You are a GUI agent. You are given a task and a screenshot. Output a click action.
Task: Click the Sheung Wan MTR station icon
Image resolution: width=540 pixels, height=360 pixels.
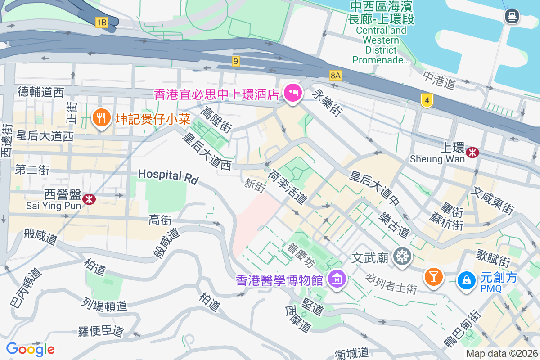tap(472, 153)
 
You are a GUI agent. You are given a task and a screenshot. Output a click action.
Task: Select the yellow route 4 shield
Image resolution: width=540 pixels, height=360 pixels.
tap(427, 100)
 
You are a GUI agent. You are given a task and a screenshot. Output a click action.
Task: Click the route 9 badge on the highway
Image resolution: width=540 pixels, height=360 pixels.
tap(236, 61)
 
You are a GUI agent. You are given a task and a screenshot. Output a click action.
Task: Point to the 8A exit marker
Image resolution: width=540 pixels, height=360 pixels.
tap(335, 75)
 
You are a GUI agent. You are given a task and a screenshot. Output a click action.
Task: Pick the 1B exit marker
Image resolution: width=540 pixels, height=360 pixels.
tap(101, 22)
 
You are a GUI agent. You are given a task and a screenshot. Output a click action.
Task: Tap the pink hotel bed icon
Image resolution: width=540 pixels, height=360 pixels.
tap(292, 93)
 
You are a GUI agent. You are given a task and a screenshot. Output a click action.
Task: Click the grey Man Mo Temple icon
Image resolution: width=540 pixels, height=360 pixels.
tap(402, 256)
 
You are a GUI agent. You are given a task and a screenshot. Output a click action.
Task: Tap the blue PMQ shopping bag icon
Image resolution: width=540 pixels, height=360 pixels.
tap(467, 280)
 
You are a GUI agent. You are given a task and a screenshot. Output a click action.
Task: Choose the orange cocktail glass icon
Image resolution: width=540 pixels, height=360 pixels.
tap(434, 276)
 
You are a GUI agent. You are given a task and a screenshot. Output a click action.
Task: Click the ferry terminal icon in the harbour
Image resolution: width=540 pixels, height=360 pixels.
tap(512, 17)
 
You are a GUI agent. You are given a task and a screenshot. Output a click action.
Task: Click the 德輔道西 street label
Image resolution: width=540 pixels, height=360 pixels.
tap(41, 93)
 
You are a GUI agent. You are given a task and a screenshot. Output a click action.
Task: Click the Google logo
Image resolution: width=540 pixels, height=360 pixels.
tap(30, 349)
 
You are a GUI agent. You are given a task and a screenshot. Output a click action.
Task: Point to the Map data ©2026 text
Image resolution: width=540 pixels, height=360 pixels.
tap(501, 354)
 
